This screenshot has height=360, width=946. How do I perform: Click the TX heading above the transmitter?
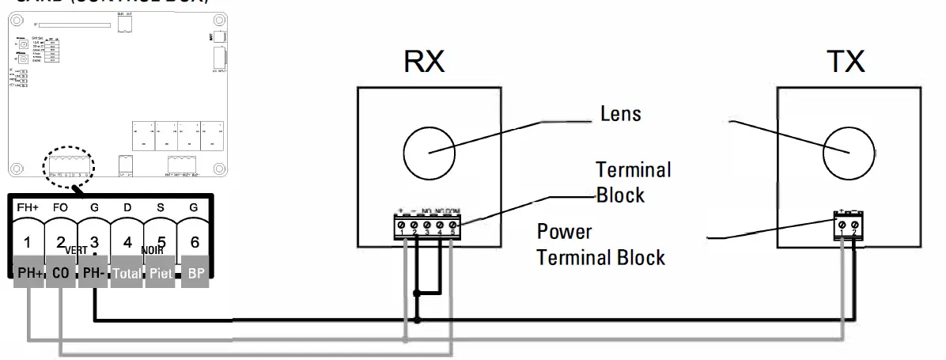847,63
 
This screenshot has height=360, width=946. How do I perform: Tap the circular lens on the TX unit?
848,150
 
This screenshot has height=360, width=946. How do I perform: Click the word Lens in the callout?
620,115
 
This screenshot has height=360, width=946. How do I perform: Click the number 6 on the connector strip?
194,243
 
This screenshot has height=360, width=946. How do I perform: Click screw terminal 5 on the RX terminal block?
452,226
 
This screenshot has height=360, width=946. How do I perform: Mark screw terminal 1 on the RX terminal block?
403,226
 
